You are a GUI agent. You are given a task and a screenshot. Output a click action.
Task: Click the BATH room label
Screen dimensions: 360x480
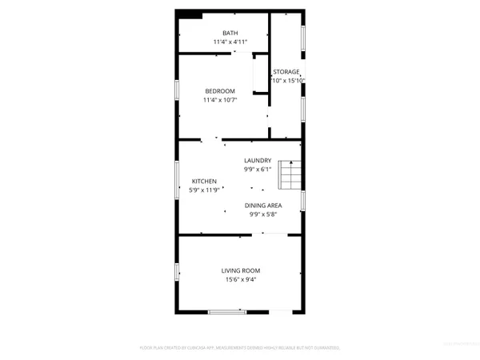click(x=219, y=33)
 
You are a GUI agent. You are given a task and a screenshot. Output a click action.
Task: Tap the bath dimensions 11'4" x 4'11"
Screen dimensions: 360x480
click(x=219, y=42)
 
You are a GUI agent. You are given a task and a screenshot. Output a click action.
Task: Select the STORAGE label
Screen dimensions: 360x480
click(x=286, y=72)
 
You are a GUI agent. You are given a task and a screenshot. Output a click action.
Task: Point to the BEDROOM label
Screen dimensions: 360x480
click(x=219, y=91)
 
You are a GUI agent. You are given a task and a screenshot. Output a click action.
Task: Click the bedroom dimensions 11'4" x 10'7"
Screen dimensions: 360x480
click(x=219, y=100)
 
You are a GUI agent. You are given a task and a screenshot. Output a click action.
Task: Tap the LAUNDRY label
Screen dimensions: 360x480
click(x=258, y=160)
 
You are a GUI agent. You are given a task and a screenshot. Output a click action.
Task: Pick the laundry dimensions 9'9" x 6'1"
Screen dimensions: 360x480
click(x=258, y=169)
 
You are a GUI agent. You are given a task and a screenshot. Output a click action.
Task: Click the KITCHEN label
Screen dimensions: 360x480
click(x=204, y=182)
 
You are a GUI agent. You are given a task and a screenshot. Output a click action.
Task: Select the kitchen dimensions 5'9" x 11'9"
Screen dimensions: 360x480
click(x=204, y=190)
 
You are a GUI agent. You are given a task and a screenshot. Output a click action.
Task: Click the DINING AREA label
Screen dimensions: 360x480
click(x=263, y=205)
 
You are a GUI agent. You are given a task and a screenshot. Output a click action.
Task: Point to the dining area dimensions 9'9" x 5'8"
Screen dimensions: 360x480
click(x=263, y=214)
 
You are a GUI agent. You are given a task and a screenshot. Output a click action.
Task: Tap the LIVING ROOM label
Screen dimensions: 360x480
click(x=241, y=270)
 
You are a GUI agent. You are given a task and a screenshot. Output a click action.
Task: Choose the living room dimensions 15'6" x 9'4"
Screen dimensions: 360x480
click(x=241, y=279)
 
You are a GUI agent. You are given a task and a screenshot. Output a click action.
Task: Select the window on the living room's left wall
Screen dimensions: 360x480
click(x=178, y=271)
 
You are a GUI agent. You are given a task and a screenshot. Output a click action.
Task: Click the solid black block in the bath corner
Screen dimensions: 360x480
click(x=190, y=14)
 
